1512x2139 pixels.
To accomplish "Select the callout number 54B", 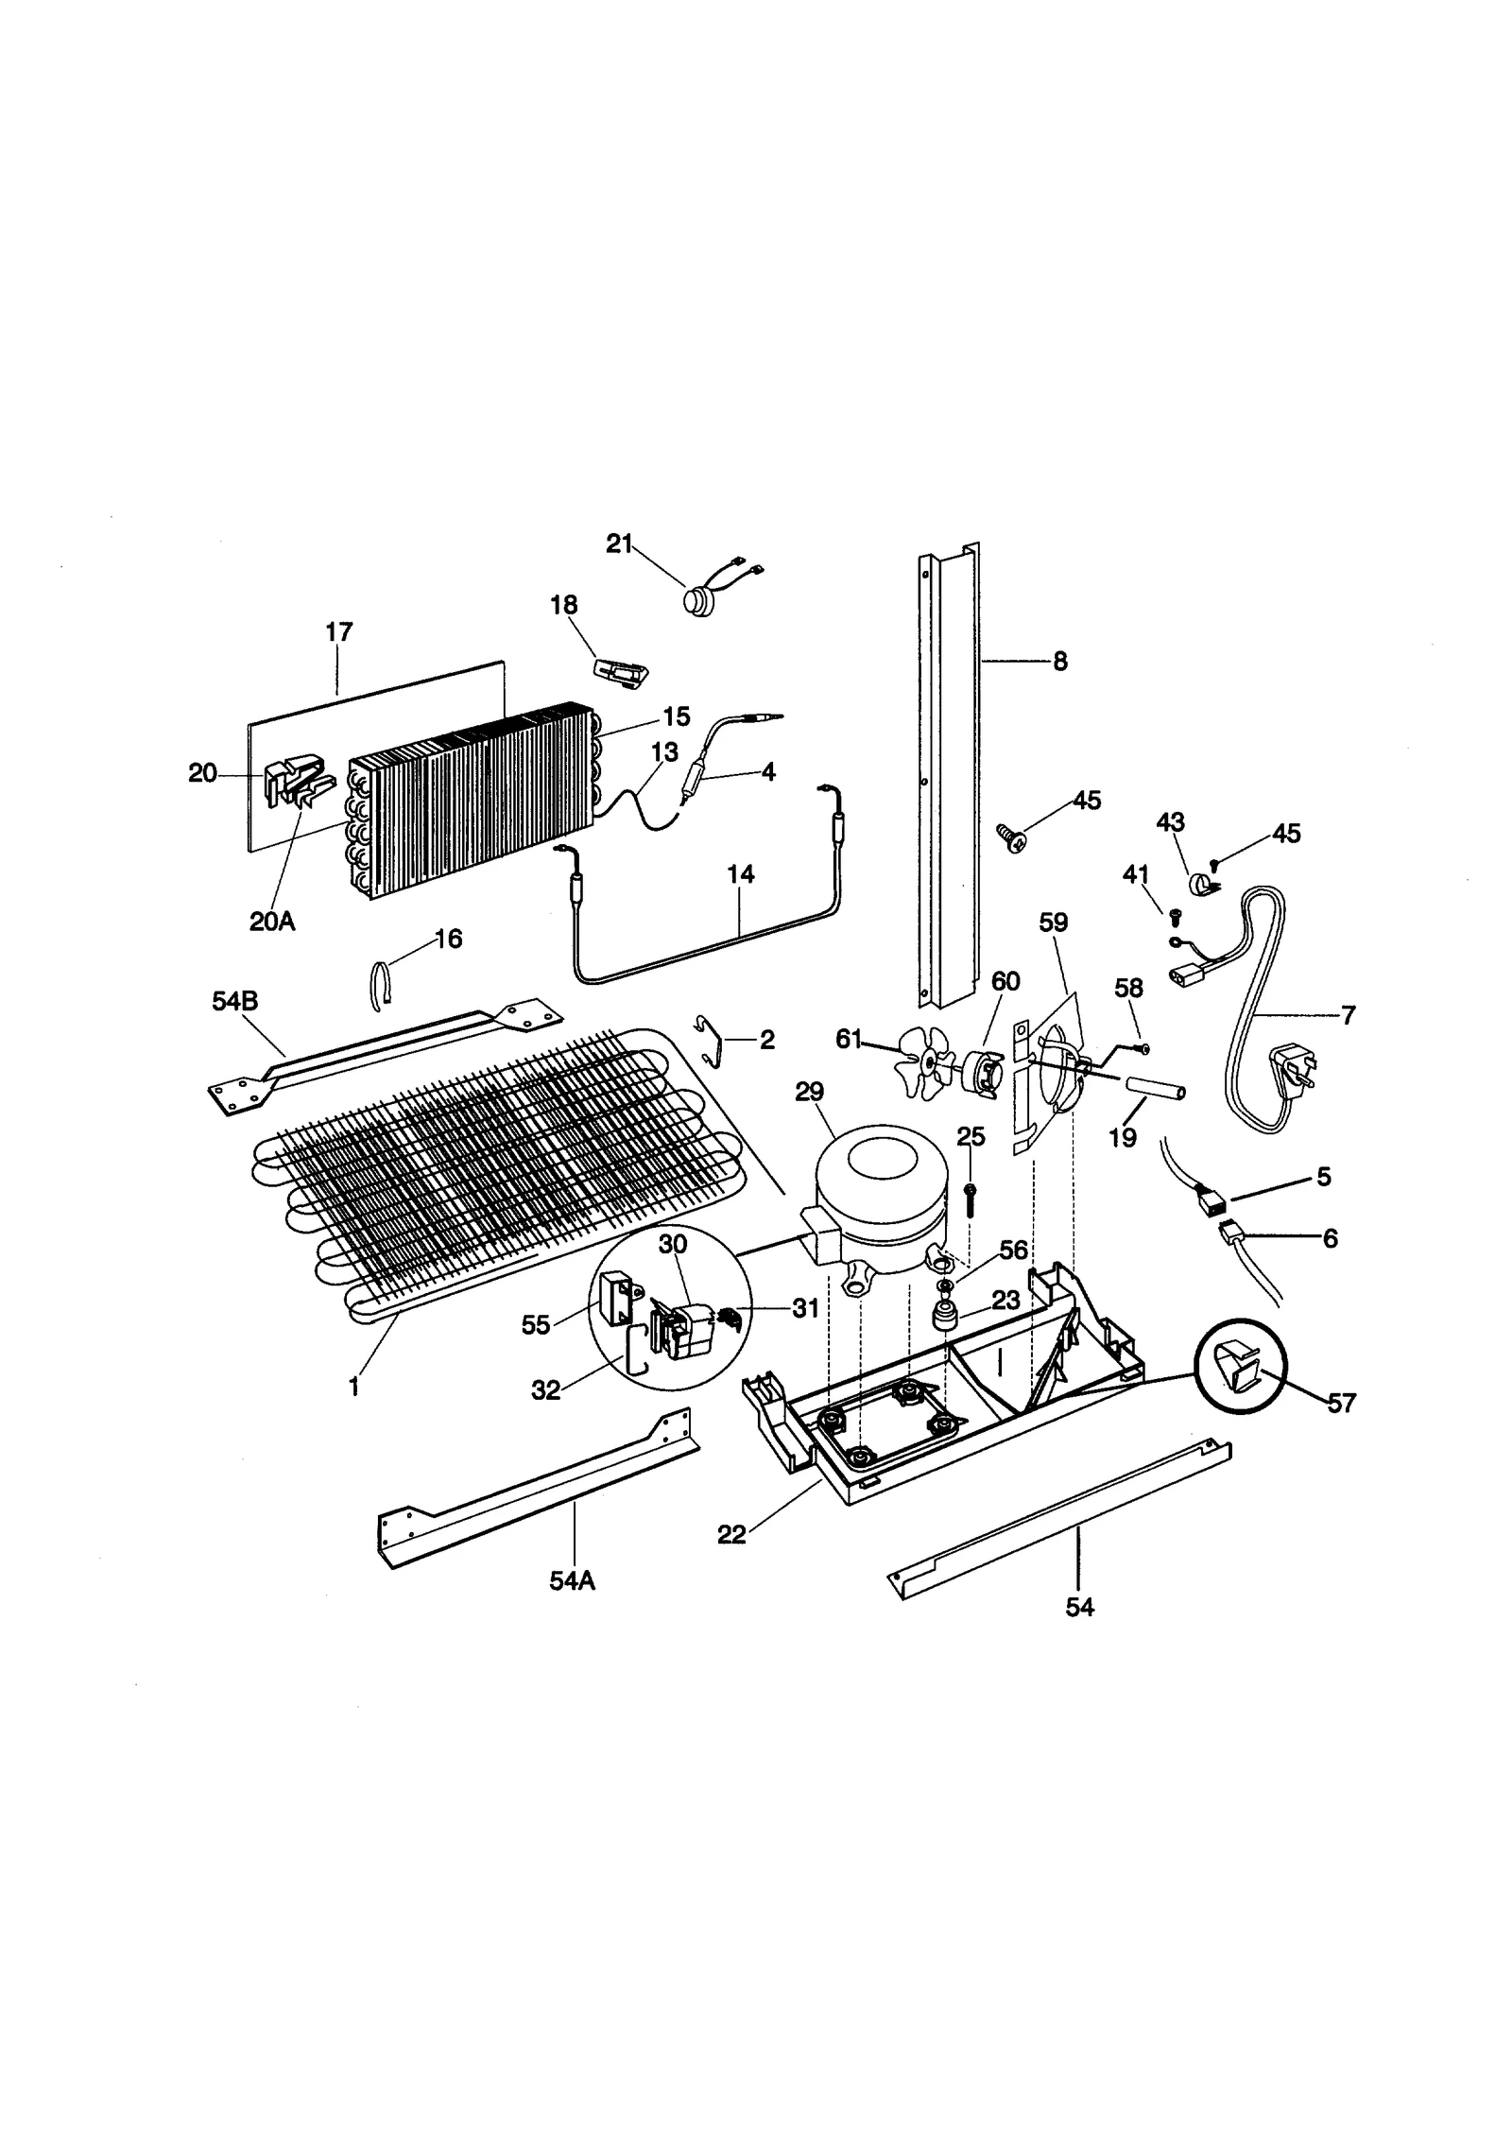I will click(234, 1001).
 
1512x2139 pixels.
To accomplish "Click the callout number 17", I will click(338, 632).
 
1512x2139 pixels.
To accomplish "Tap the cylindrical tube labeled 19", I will click(1152, 1092).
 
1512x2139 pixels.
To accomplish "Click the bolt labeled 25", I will click(970, 1199).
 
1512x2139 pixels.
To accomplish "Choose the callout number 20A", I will click(272, 921).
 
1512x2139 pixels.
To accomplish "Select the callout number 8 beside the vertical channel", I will click(1059, 662).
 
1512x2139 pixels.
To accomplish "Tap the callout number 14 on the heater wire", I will click(740, 874).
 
